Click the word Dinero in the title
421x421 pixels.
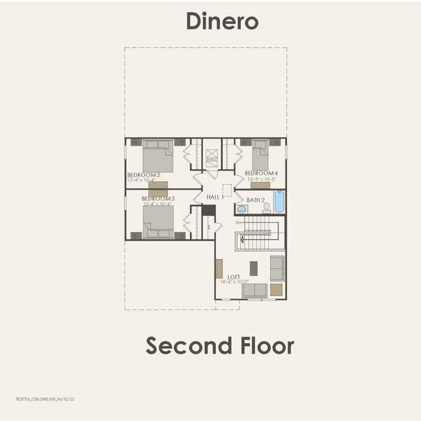(222, 21)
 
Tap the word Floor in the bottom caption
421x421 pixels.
(266, 345)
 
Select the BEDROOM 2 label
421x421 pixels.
(144, 174)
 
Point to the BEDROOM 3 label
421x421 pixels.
(158, 199)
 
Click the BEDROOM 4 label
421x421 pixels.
(261, 173)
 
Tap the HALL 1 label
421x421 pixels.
(215, 198)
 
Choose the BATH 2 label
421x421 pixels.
(255, 200)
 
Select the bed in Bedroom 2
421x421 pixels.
(158, 156)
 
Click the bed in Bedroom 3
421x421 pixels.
(158, 222)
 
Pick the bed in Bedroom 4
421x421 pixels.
(260, 154)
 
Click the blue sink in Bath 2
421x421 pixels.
(242, 209)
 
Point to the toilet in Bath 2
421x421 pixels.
(267, 208)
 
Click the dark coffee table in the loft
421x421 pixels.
(253, 267)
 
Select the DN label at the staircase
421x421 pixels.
(239, 222)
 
